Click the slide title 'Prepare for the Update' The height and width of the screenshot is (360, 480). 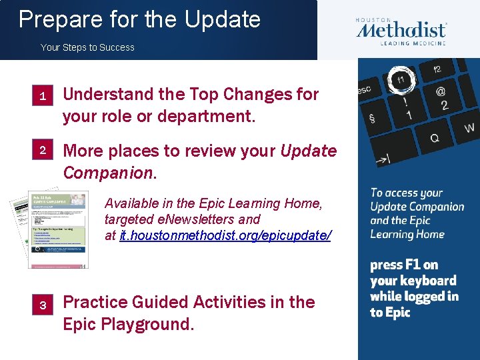[x=139, y=19]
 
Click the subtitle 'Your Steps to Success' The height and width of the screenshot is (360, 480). [x=87, y=47]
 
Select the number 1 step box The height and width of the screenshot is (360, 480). [x=42, y=97]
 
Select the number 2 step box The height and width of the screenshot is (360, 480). [x=42, y=151]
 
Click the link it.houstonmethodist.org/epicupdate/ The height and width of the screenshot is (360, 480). [x=225, y=235]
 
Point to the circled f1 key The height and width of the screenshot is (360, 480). [x=401, y=79]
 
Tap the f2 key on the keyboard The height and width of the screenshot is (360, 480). [x=437, y=69]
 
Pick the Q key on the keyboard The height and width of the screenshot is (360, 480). [x=434, y=137]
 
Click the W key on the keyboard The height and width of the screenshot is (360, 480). [x=469, y=127]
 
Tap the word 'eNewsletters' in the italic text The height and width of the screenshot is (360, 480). [x=193, y=219]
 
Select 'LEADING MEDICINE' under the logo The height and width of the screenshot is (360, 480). [x=413, y=43]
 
